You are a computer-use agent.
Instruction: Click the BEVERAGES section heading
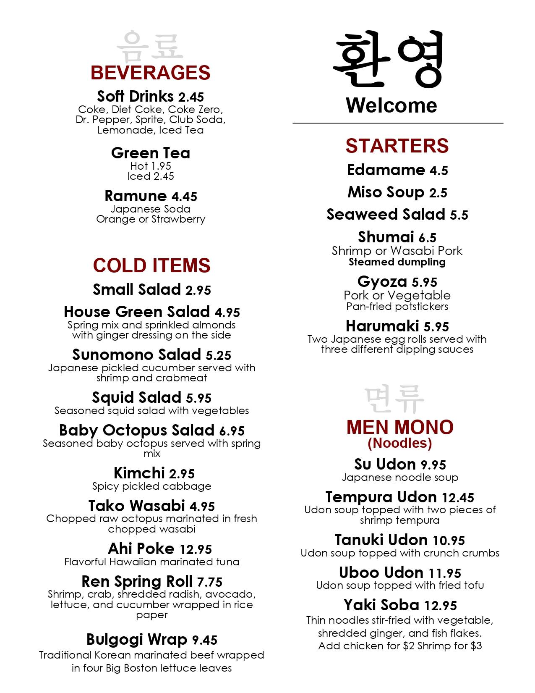[x=150, y=73]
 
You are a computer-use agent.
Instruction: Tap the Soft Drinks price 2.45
[x=191, y=97]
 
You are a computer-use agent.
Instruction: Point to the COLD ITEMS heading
[x=151, y=265]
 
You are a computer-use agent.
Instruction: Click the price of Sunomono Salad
[x=218, y=356]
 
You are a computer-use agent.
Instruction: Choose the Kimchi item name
[x=139, y=473]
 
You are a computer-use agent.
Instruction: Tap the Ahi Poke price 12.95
[x=196, y=549]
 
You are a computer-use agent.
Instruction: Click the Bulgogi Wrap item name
[x=136, y=640]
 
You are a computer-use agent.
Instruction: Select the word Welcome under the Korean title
[x=391, y=105]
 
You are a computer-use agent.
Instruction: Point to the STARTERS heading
[x=397, y=146]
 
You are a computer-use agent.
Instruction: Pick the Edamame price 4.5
[x=438, y=171]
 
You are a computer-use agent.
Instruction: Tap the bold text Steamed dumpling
[x=397, y=262]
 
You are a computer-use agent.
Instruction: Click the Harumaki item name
[x=382, y=326]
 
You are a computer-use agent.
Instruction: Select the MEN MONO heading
[x=400, y=428]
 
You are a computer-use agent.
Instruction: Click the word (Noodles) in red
[x=399, y=443]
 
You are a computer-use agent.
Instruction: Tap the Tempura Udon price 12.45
[x=458, y=498]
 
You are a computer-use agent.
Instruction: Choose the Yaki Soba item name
[x=381, y=605]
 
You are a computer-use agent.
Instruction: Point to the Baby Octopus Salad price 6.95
[x=232, y=431]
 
